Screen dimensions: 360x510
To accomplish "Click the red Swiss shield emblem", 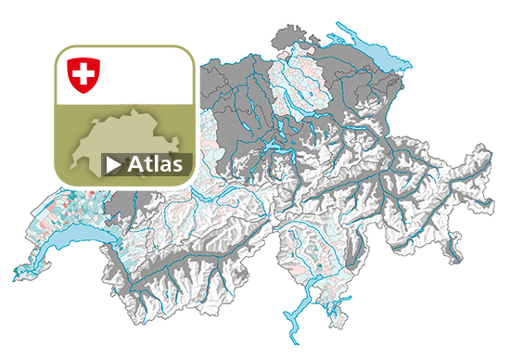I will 83,73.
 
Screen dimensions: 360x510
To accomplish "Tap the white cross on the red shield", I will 83,71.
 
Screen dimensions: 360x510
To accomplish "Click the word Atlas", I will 158,165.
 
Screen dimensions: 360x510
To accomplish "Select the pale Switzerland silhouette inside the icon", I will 111,144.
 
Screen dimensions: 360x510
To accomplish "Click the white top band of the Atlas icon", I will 139,74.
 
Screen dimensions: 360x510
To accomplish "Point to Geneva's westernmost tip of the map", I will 15,276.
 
